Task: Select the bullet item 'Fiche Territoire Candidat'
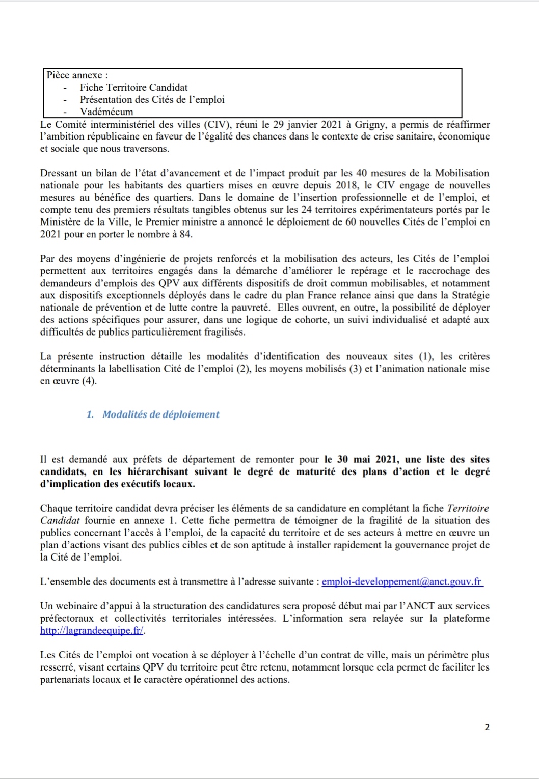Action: (133, 88)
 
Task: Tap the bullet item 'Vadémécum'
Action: (106, 112)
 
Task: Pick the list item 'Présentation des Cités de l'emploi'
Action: (152, 100)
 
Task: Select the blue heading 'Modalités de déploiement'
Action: (160, 414)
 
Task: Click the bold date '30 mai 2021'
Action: (361, 459)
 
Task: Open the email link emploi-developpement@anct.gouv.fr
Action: (402, 581)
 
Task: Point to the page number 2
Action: (487, 727)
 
